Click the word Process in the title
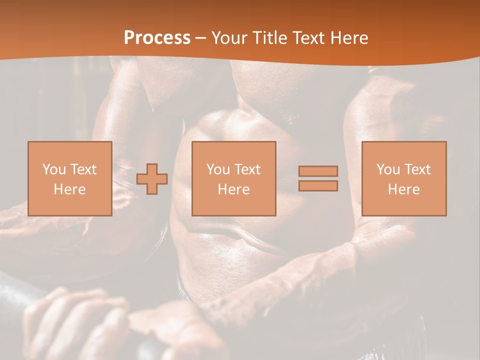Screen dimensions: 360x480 click(157, 38)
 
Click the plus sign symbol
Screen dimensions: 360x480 click(152, 179)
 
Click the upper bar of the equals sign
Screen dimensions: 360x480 click(318, 171)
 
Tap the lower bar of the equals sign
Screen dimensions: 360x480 click(318, 186)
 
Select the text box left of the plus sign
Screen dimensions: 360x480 click(69, 178)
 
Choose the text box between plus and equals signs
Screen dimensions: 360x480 click(233, 178)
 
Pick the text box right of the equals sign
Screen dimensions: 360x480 click(403, 178)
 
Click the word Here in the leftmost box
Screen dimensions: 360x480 click(69, 189)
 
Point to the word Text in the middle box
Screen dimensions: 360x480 click(247, 169)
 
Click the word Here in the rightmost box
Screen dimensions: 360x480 click(403, 189)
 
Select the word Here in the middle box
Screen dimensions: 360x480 click(233, 189)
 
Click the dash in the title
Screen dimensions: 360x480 click(200, 38)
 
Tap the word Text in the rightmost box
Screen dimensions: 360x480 click(417, 169)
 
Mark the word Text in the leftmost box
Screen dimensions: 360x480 click(83, 169)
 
